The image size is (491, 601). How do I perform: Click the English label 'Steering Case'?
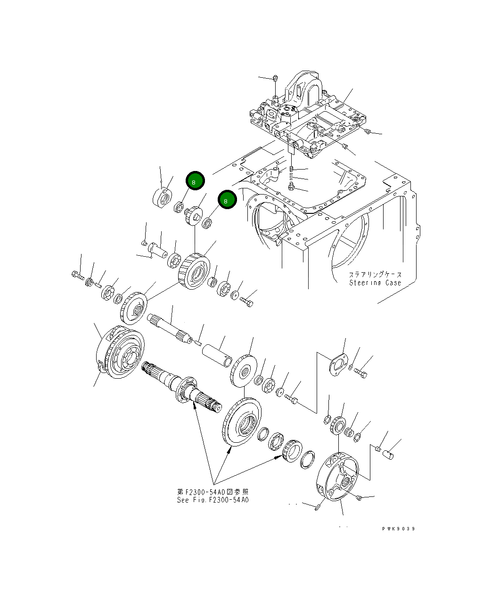[375, 283]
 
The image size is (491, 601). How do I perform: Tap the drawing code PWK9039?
[398, 529]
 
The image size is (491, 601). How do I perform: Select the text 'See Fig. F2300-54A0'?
[213, 500]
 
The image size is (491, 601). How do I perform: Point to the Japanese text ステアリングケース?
[375, 275]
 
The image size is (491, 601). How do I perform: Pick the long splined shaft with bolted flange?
[181, 387]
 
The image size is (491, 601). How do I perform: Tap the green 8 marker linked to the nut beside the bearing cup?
[195, 181]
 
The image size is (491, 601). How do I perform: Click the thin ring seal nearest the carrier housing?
[307, 459]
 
